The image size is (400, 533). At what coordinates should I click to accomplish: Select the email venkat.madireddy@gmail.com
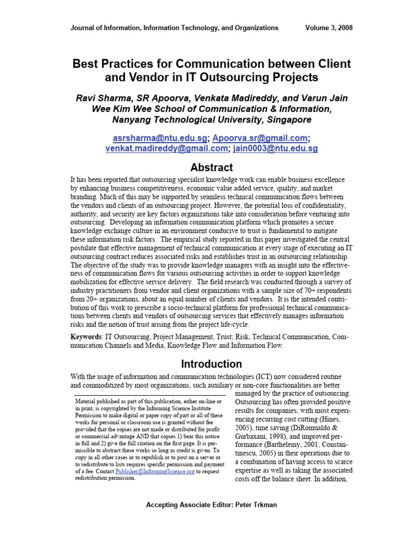167,149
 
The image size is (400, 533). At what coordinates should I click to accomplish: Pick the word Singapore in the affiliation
286,119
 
